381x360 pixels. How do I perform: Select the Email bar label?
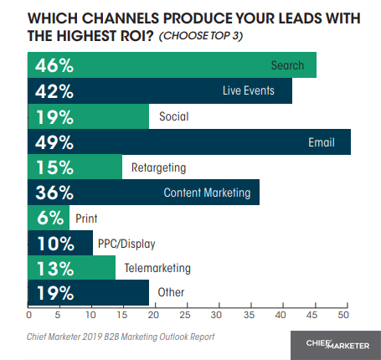click(322, 142)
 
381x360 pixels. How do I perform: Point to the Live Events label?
click(255, 91)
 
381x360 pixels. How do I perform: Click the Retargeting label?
click(157, 167)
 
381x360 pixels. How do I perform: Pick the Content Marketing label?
click(208, 193)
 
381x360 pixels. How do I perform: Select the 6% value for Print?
click(48, 218)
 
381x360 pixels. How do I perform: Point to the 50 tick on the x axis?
click(343, 316)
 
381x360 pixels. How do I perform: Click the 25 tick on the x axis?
click(186, 316)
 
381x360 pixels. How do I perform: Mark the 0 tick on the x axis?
click(29, 316)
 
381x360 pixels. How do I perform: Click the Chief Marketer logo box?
click(329, 343)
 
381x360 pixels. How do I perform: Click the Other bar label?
click(170, 293)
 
